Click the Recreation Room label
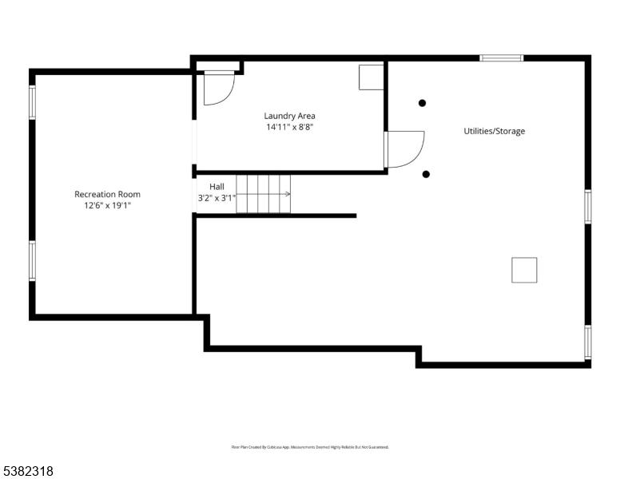[x=107, y=194]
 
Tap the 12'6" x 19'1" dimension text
[x=107, y=205]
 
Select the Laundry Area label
[x=289, y=116]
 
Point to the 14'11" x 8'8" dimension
[x=289, y=127]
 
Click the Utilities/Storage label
[x=495, y=131]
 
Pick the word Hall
[x=217, y=186]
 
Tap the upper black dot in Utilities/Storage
[x=423, y=102]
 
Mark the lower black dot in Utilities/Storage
[x=426, y=174]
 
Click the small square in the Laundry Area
[x=371, y=77]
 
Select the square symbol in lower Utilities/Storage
[x=524, y=270]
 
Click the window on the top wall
[x=502, y=57]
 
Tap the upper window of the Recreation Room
[x=33, y=102]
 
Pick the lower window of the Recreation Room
[x=33, y=260]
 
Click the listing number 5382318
[x=27, y=471]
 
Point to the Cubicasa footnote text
[x=310, y=447]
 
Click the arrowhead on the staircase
[x=288, y=194]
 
